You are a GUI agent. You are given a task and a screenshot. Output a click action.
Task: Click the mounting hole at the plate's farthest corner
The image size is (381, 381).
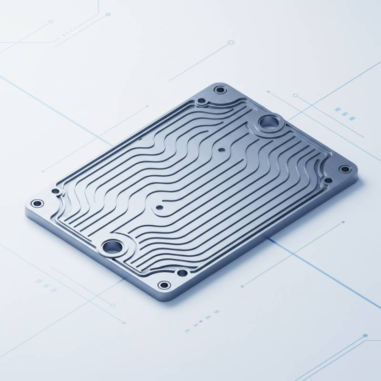click(x=220, y=90)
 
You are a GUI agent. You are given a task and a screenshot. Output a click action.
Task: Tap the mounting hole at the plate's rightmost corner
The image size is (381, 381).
click(x=344, y=169)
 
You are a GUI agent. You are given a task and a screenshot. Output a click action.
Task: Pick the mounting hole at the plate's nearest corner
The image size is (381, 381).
click(x=164, y=285)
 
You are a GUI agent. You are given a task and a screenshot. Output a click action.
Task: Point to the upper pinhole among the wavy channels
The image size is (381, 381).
click(x=221, y=150)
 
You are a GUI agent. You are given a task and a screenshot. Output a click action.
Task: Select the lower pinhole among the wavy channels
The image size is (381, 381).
click(x=158, y=208)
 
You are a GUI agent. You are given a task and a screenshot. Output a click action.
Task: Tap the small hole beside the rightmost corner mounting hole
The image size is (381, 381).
click(x=328, y=180)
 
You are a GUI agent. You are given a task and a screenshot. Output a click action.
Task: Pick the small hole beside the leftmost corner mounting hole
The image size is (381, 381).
click(x=56, y=191)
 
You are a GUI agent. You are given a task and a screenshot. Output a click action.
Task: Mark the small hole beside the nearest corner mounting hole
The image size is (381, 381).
click(x=181, y=273)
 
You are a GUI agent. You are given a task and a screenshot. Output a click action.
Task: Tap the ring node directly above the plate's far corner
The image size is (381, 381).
click(x=231, y=42)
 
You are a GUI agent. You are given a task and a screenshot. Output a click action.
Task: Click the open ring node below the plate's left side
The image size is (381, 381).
click(x=113, y=305)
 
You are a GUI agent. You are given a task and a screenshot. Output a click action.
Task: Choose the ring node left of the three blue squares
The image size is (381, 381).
click(x=295, y=95)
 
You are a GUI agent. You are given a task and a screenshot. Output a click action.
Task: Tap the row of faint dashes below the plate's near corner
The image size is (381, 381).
click(x=200, y=324)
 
